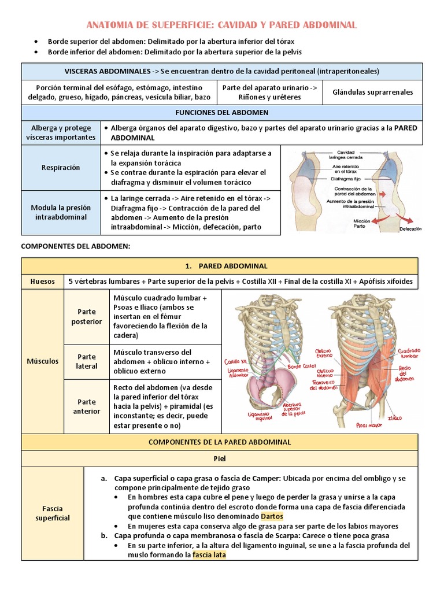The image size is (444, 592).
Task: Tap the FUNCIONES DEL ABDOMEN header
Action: (221, 112)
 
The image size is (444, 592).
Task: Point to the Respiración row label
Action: (61, 168)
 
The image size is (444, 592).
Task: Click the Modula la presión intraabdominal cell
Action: (61, 213)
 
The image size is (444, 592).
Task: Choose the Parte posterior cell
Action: (86, 317)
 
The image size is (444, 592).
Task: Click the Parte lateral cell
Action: (86, 361)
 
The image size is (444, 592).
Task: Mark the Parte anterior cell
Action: (86, 406)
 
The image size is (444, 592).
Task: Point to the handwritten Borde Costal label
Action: (302, 367)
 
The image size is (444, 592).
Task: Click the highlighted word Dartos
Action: (272, 516)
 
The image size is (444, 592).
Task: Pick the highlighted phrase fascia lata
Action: (209, 555)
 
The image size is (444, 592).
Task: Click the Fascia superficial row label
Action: (52, 513)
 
